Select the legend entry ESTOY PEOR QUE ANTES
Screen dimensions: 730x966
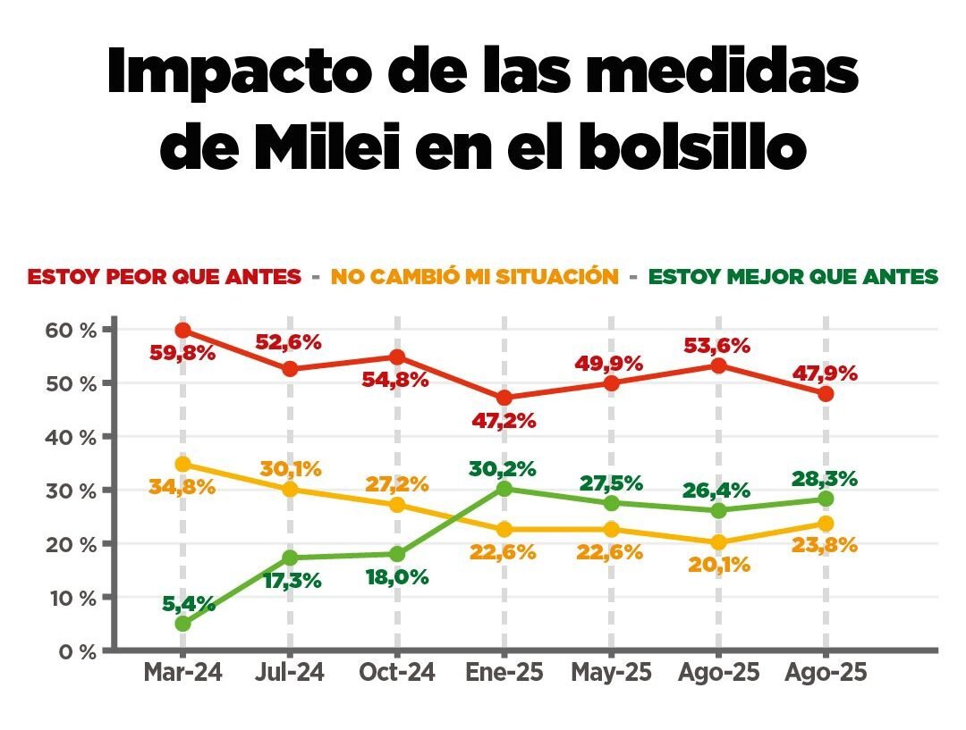tap(164, 277)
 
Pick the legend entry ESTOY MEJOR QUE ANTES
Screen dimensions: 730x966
tap(793, 277)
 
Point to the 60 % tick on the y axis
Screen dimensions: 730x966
tap(70, 330)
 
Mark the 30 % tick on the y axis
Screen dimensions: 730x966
tap(70, 491)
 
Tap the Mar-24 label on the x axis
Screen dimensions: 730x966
tap(182, 673)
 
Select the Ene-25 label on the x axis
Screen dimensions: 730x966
tap(504, 673)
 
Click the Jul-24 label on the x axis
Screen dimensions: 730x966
tap(290, 673)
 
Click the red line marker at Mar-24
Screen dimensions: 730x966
tap(182, 331)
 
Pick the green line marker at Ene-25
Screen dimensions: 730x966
tap(504, 489)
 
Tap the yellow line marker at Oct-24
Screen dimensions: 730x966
tap(397, 505)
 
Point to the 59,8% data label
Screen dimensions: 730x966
tap(182, 353)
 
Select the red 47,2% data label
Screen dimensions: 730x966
tap(504, 421)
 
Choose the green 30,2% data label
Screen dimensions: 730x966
tap(504, 468)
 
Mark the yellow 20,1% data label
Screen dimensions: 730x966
tap(719, 565)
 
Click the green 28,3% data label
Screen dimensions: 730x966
tap(826, 478)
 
